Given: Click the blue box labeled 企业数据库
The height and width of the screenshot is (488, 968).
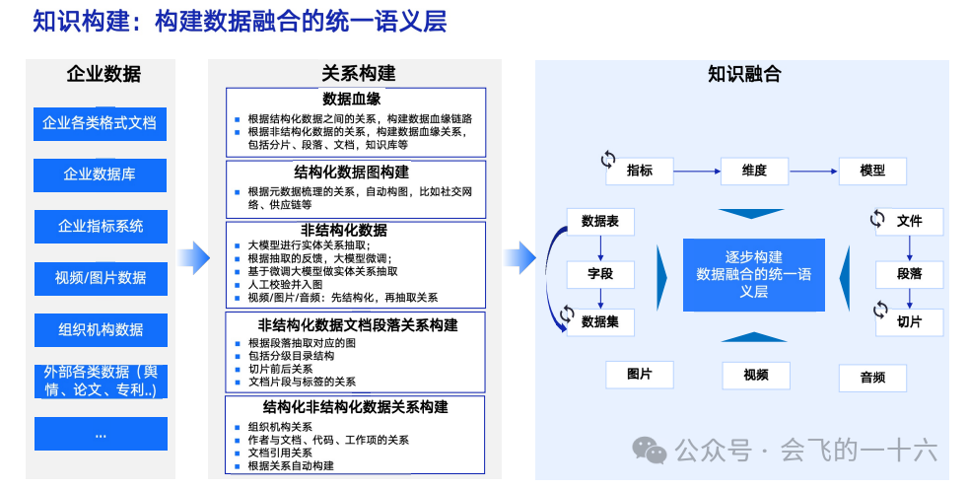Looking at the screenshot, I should [100, 174].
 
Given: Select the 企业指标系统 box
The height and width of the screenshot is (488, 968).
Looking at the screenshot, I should [101, 226].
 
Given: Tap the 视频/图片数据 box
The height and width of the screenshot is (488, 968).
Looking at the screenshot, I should [101, 278].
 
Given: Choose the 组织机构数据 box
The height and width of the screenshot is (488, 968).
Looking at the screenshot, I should [101, 329].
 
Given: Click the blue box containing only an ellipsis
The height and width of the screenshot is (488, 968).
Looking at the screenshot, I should [101, 434].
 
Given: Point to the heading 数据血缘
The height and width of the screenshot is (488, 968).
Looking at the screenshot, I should [352, 99].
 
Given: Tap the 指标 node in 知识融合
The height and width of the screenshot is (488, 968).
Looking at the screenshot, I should [640, 171].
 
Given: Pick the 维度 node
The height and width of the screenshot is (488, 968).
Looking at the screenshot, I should [754, 171].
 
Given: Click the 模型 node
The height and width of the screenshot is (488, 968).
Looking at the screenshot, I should [872, 171].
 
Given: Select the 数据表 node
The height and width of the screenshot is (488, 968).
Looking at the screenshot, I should [600, 222].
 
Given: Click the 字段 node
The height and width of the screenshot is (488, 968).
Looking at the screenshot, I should [600, 273].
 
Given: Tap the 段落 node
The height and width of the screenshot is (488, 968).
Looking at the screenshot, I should [909, 273].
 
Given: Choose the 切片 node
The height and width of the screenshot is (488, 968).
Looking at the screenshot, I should [909, 321].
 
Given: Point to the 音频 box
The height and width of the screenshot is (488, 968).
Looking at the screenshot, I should [872, 377].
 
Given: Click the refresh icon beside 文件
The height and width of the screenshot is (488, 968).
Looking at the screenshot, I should [877, 219].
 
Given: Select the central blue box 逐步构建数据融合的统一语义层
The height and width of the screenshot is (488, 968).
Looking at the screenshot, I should [754, 273].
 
